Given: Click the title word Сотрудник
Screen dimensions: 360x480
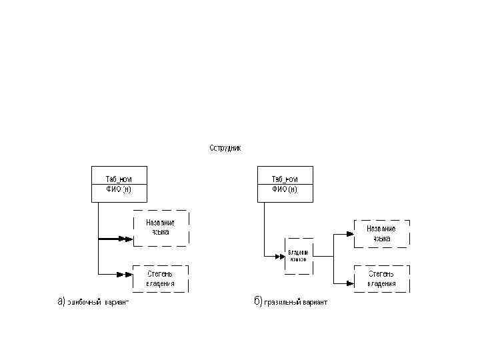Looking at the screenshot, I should pyautogui.click(x=225, y=147).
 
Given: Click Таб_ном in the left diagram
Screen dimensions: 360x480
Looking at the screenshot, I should pyautogui.click(x=119, y=179).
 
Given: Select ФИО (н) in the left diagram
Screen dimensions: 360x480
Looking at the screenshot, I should pyautogui.click(x=119, y=189).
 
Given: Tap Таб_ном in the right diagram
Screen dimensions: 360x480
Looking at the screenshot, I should pyautogui.click(x=285, y=179).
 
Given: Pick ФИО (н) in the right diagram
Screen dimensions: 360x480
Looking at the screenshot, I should pyautogui.click(x=285, y=189).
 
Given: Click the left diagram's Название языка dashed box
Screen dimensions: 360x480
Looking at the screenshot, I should pyautogui.click(x=161, y=228).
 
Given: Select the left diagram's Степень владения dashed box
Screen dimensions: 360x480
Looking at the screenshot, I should pyautogui.click(x=161, y=278).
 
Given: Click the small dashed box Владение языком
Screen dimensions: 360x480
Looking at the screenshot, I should pyautogui.click(x=298, y=255).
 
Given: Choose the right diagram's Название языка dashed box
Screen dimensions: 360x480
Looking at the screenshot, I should pyautogui.click(x=381, y=233).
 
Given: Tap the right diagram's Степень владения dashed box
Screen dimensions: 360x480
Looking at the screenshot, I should pyautogui.click(x=381, y=278).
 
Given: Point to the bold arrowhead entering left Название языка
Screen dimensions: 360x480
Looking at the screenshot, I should pyautogui.click(x=125, y=238).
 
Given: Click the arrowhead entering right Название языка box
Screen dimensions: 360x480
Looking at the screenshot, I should pyautogui.click(x=348, y=233).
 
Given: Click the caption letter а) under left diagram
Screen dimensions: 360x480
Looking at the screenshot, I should pyautogui.click(x=60, y=301).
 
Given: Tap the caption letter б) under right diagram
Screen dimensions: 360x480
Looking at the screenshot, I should pyautogui.click(x=257, y=301).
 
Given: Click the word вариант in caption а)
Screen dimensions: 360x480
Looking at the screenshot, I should pyautogui.click(x=116, y=303).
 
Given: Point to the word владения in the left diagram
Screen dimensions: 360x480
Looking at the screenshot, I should pyautogui.click(x=161, y=283).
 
